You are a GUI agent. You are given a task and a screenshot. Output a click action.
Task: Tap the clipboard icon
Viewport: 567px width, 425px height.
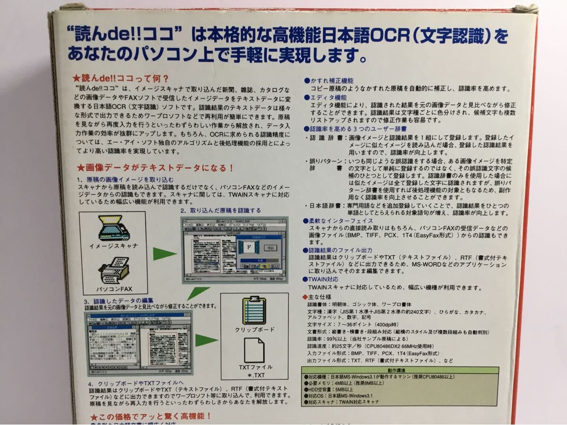click(254, 310)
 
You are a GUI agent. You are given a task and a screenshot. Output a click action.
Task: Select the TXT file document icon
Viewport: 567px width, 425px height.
click(254, 349)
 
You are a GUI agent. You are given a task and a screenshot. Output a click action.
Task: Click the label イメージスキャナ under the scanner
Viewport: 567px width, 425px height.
click(113, 246)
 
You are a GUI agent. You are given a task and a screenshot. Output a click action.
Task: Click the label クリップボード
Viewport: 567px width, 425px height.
click(255, 329)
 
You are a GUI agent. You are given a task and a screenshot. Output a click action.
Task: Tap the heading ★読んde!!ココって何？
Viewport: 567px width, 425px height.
click(121, 78)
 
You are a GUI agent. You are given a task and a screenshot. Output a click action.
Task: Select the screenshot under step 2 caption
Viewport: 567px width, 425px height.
click(235, 249)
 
